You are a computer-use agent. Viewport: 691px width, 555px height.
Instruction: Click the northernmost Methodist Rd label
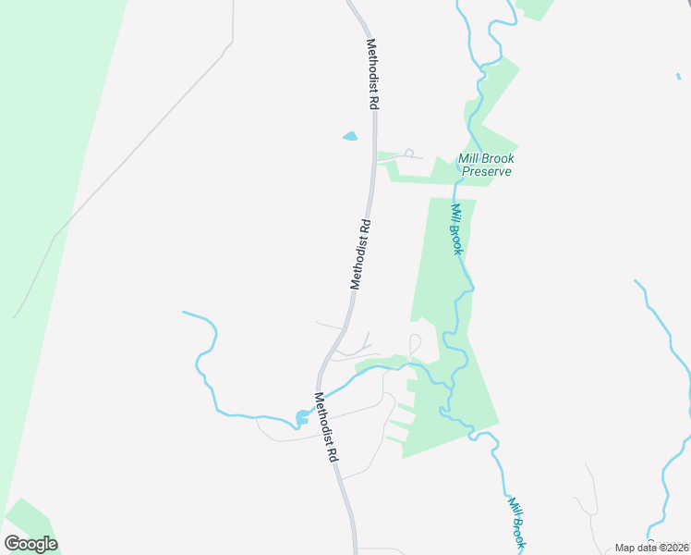point(372,75)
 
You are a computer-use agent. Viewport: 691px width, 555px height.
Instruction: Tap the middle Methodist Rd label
point(360,253)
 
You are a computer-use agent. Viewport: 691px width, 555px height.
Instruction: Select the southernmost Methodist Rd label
point(325,428)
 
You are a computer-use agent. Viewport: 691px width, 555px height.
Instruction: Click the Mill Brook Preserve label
point(486,165)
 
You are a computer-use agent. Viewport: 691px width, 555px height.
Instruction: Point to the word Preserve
point(486,171)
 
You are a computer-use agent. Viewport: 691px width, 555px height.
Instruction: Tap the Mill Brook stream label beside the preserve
point(455,228)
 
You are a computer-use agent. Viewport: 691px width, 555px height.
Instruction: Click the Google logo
point(30,544)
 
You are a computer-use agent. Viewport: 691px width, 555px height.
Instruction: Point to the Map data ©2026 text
point(651,548)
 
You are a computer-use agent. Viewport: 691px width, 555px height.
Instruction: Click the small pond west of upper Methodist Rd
point(350,137)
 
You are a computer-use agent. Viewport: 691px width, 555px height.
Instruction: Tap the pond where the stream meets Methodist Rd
point(303,416)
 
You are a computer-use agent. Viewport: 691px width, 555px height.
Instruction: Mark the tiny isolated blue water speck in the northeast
point(678,76)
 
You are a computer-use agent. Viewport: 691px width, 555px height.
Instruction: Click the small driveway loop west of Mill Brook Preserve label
point(408,153)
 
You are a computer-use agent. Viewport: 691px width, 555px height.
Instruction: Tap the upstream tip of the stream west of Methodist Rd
point(185,313)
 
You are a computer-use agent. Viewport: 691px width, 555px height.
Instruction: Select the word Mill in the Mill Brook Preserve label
point(470,158)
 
